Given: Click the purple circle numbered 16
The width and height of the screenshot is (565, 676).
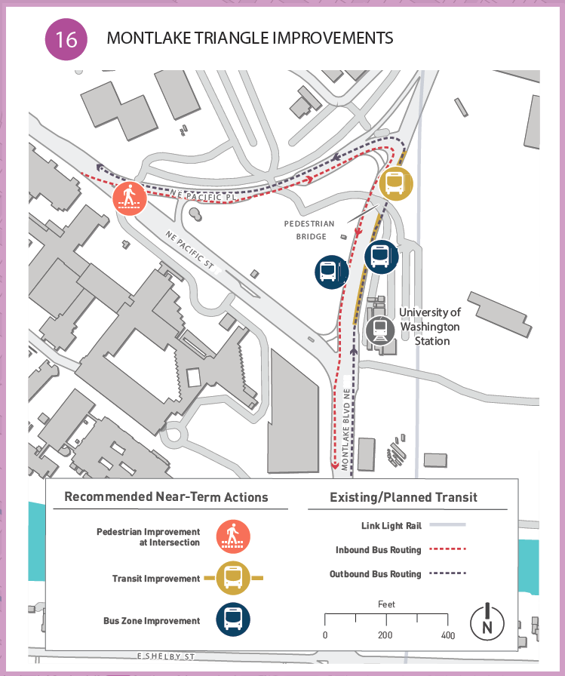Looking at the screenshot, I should pos(66,38).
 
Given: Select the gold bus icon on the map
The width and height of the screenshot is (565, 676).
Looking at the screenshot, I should pos(395,183).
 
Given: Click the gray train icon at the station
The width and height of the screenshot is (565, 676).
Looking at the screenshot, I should pos(379,330).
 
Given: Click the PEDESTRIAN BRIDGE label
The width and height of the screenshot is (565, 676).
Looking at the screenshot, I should pos(309,230).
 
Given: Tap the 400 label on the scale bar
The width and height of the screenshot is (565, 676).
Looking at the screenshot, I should pos(448,636).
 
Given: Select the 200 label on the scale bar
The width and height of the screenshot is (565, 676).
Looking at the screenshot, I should pos(385,636).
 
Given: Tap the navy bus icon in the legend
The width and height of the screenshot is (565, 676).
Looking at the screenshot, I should pos(233,621).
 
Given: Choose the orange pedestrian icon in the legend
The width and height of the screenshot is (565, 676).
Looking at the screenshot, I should pos(233,536).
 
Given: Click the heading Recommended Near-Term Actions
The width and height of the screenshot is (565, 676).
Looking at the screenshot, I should pos(166,497).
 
